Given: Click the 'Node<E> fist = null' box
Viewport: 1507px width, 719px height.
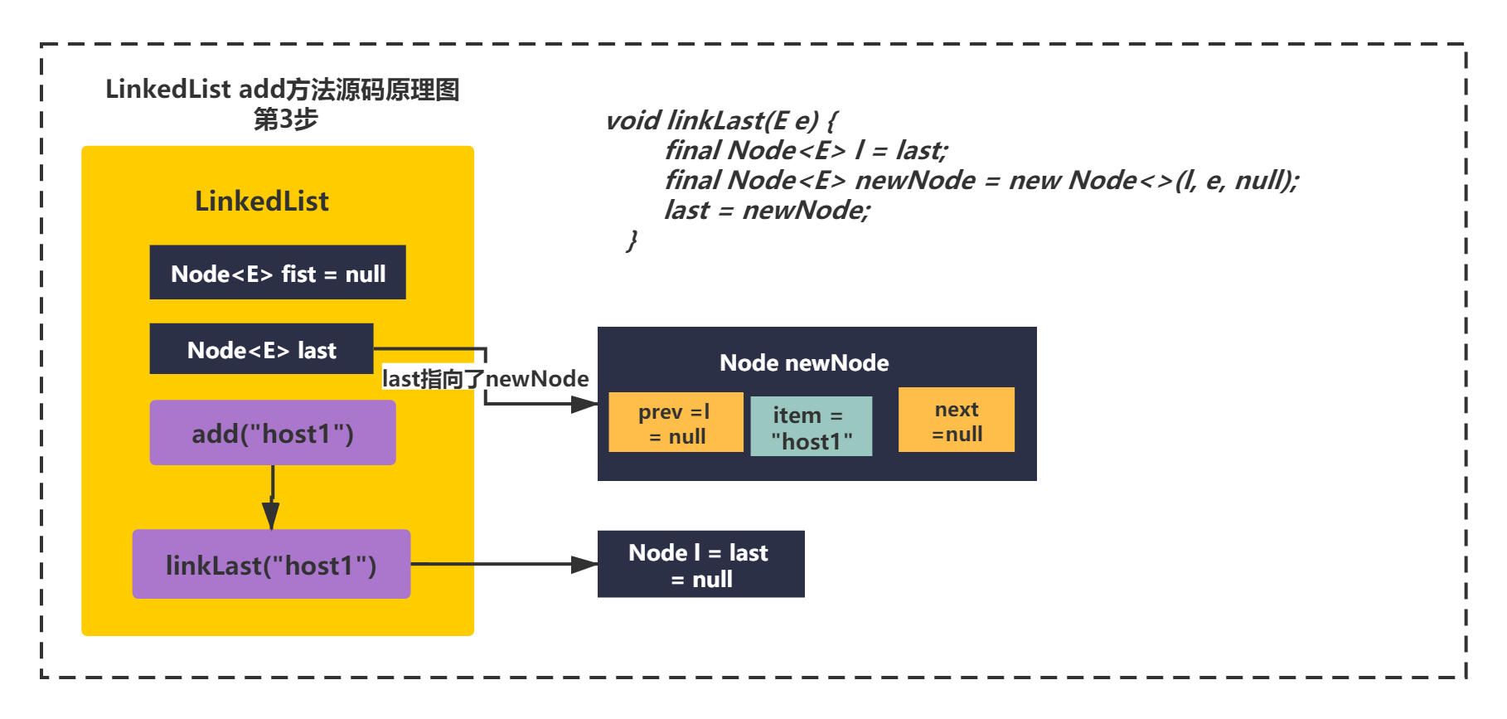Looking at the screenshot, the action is click(x=278, y=272).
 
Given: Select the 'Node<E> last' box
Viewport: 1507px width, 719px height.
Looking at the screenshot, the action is click(x=261, y=349).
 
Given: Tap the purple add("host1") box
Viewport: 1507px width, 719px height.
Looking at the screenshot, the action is click(x=273, y=433).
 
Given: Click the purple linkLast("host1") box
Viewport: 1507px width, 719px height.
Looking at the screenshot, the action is click(x=271, y=564).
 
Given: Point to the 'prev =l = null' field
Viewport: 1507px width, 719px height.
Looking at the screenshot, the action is click(x=676, y=422).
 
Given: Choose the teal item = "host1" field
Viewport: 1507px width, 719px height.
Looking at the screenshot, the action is click(x=811, y=426).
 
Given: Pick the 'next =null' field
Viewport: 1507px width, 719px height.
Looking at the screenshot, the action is click(x=957, y=420).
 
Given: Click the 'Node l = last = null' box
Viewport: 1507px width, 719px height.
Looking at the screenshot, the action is click(x=700, y=564).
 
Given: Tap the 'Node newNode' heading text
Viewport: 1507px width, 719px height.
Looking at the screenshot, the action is click(x=804, y=362).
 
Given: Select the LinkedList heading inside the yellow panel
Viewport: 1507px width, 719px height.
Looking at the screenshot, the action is click(x=262, y=201).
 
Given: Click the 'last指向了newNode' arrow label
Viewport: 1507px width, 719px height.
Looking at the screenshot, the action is click(x=486, y=379).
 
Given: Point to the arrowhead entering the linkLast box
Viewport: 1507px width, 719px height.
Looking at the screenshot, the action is click(x=270, y=515).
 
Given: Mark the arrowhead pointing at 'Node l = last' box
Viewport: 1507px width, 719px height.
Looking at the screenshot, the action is click(x=584, y=565).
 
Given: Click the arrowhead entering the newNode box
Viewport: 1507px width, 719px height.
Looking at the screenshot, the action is click(x=584, y=405).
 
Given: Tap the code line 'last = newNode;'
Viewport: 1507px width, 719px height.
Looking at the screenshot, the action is click(x=768, y=210).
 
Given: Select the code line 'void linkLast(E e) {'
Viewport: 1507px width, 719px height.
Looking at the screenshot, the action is click(x=721, y=121).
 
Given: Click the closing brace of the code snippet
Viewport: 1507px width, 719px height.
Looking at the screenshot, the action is click(x=632, y=240).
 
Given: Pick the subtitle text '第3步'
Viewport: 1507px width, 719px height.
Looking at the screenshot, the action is click(x=285, y=119).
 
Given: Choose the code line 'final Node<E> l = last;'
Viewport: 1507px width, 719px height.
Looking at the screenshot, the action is click(x=806, y=150).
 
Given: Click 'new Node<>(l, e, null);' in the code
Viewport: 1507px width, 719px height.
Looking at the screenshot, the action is click(x=1154, y=180).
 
